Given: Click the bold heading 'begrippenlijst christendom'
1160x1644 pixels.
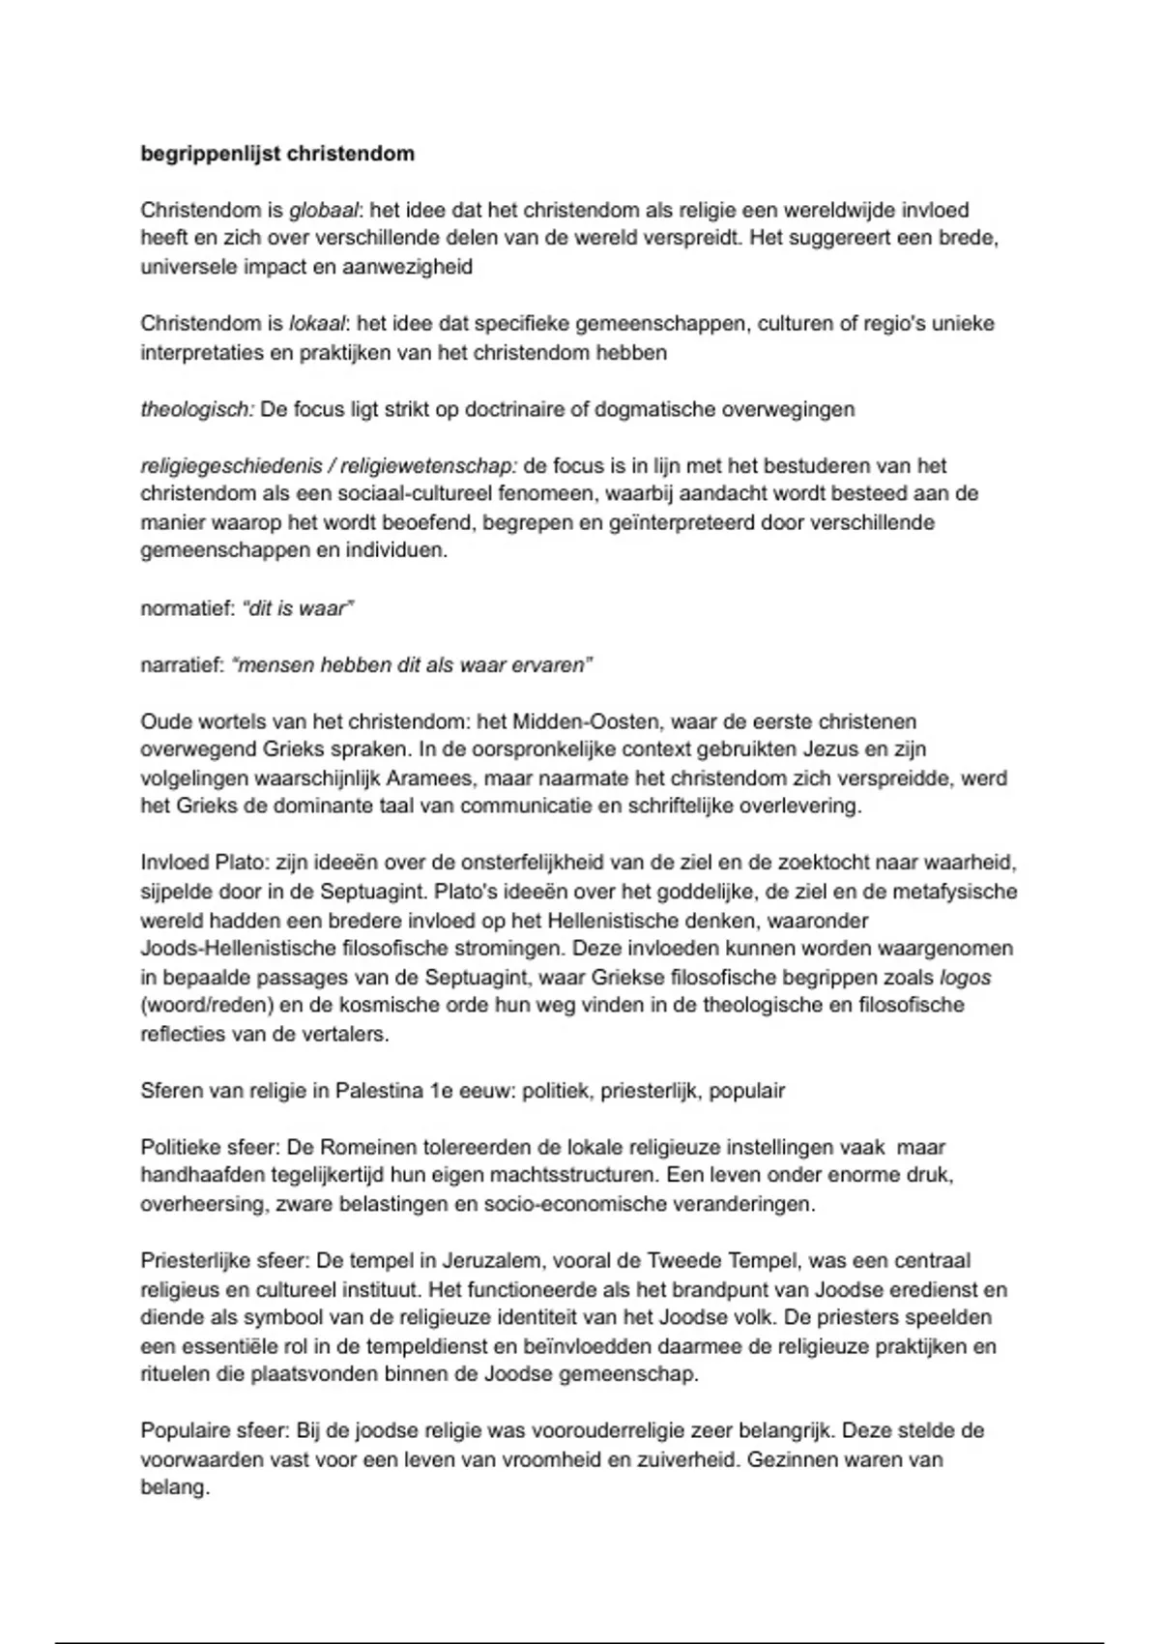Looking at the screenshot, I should (x=277, y=154).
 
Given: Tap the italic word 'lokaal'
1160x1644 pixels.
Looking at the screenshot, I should (x=316, y=324).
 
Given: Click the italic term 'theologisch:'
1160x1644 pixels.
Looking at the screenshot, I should (x=197, y=410).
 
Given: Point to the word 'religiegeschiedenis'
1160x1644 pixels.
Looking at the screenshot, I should (x=231, y=466).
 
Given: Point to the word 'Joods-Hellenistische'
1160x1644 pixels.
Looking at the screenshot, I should (x=238, y=949).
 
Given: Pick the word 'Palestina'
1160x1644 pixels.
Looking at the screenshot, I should (x=379, y=1092).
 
